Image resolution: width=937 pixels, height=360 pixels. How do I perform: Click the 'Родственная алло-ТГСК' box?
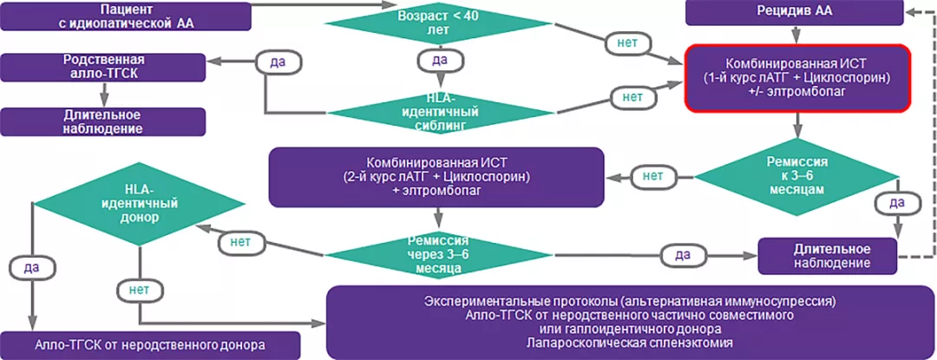103,67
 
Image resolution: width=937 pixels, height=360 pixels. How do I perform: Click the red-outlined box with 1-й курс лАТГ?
796,77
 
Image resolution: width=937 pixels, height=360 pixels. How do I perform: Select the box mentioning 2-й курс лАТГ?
436,176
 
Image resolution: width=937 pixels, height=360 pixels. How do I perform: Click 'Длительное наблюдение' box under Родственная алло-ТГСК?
103,121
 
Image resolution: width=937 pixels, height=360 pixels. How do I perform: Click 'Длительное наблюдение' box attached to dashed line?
827,254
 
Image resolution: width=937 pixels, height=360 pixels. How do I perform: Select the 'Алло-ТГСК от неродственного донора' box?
150,344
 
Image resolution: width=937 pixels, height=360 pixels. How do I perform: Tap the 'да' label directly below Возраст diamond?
439,60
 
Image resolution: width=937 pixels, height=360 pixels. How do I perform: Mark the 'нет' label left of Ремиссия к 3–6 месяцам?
653,176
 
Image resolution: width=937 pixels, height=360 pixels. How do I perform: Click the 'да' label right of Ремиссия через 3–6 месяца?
683,255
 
